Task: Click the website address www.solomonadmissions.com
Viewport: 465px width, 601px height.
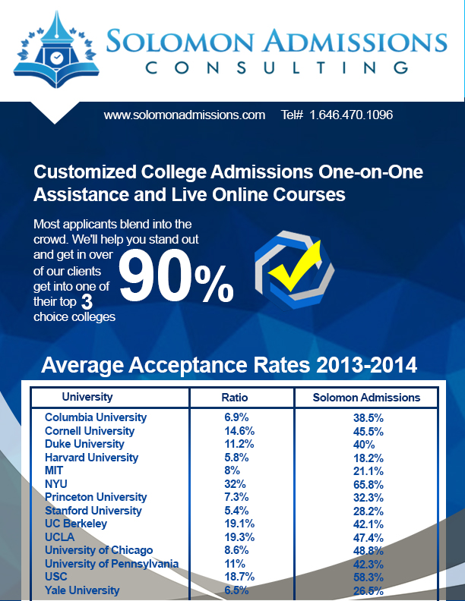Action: coord(185,115)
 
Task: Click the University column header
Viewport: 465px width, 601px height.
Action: coord(87,397)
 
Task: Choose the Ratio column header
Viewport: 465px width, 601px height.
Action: coord(235,397)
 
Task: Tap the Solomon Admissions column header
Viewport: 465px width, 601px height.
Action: coord(366,397)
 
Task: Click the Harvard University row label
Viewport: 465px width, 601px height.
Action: coord(91,458)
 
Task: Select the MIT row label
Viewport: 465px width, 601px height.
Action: coord(55,470)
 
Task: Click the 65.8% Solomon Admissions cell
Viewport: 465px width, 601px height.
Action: coord(368,483)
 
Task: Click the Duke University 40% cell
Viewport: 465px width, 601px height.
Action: coord(368,444)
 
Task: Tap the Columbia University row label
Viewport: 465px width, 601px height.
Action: coord(96,417)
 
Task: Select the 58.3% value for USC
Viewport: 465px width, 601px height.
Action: coord(368,577)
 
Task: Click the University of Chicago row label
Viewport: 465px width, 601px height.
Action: coord(99,550)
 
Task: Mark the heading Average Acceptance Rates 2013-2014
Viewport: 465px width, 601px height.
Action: coord(229,365)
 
